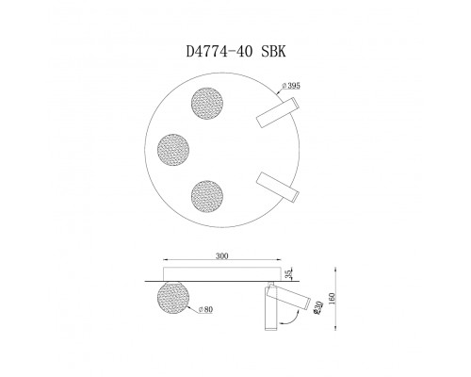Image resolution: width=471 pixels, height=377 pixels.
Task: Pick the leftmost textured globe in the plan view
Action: click(x=173, y=148)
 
